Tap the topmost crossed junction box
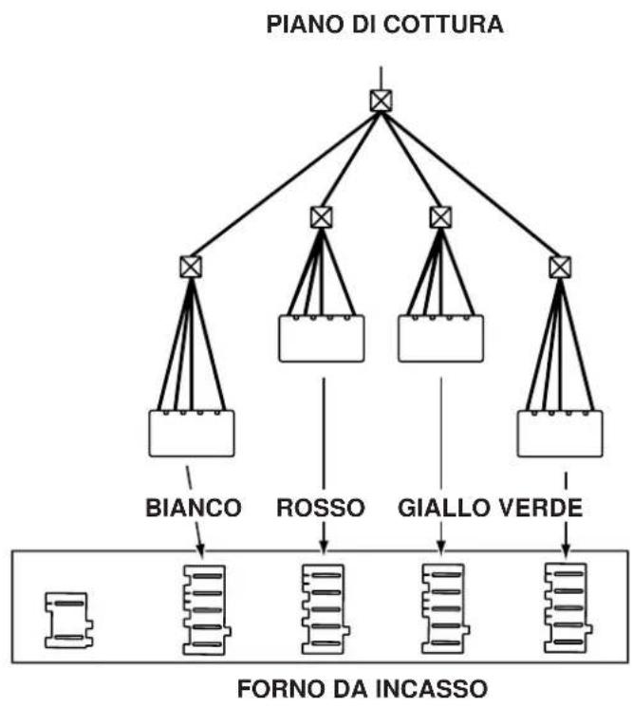381,101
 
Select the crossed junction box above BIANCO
191,267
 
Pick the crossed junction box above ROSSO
322,217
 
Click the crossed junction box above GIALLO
440,217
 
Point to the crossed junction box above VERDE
560,267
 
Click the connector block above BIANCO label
192,433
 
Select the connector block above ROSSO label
322,338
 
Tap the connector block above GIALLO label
441,338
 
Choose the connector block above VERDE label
560,433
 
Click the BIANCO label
194,508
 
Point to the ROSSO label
321,508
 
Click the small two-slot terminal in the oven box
69,620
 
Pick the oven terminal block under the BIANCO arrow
206,609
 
